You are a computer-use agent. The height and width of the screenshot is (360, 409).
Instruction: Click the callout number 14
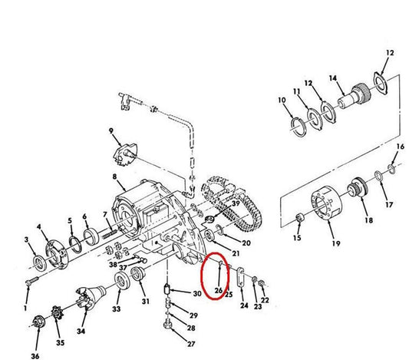(333, 78)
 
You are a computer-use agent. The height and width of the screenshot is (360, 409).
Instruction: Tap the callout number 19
(336, 243)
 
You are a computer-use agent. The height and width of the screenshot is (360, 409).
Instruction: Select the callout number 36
(35, 356)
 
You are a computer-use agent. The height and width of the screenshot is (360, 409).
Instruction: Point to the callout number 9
(111, 130)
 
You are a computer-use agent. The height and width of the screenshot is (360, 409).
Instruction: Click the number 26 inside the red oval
(219, 290)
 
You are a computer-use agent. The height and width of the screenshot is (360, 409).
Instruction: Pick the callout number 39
(236, 203)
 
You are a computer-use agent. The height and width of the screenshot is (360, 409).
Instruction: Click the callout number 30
(197, 293)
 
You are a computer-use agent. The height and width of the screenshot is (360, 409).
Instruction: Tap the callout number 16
(401, 147)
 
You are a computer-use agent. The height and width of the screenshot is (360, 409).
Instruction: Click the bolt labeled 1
(31, 281)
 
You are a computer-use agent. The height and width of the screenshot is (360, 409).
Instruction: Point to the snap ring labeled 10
(299, 127)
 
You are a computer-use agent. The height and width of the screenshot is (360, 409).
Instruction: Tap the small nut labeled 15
(300, 217)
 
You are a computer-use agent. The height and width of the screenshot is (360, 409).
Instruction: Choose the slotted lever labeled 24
(241, 277)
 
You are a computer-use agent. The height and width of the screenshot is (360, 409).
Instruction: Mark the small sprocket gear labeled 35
(58, 312)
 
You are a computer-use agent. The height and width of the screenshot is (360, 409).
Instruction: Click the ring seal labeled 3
(40, 263)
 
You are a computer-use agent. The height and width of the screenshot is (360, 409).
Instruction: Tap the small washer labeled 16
(391, 169)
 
